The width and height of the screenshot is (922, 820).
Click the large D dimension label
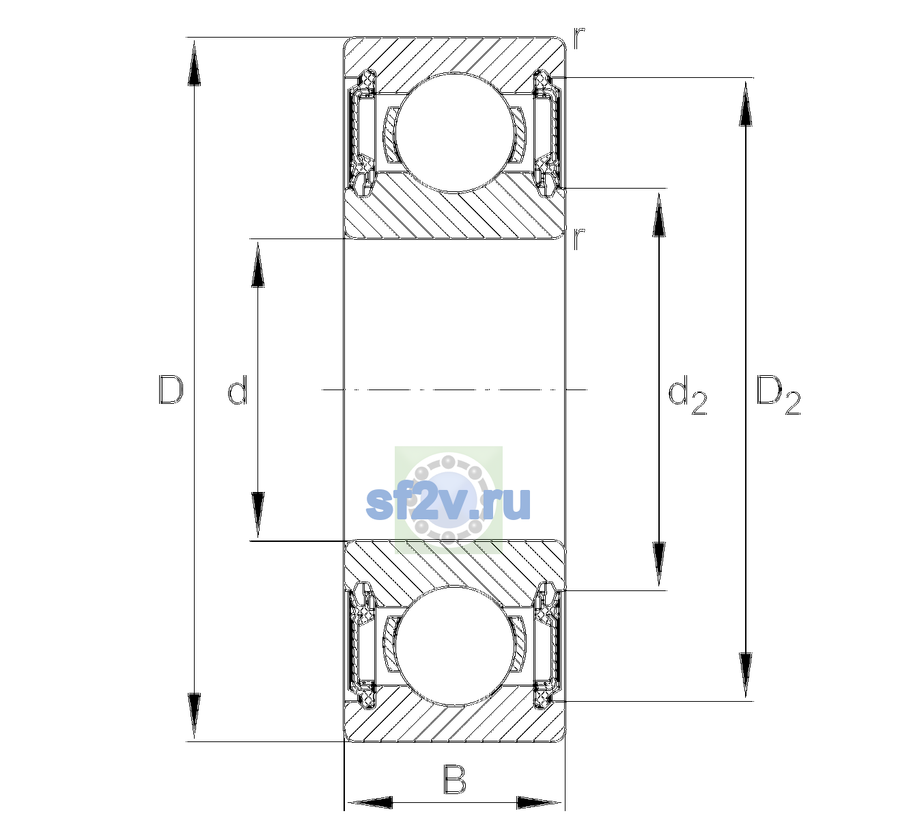coord(171,389)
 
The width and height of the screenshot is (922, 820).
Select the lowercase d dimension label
coord(237,389)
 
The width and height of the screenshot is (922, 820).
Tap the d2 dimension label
coord(687,395)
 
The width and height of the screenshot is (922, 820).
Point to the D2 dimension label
coord(778,395)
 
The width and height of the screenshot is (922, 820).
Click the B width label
coord(455,779)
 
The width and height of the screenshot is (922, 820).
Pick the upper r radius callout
coord(579,38)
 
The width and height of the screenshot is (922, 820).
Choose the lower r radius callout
coord(578,239)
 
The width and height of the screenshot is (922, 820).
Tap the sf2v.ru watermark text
coord(448,503)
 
